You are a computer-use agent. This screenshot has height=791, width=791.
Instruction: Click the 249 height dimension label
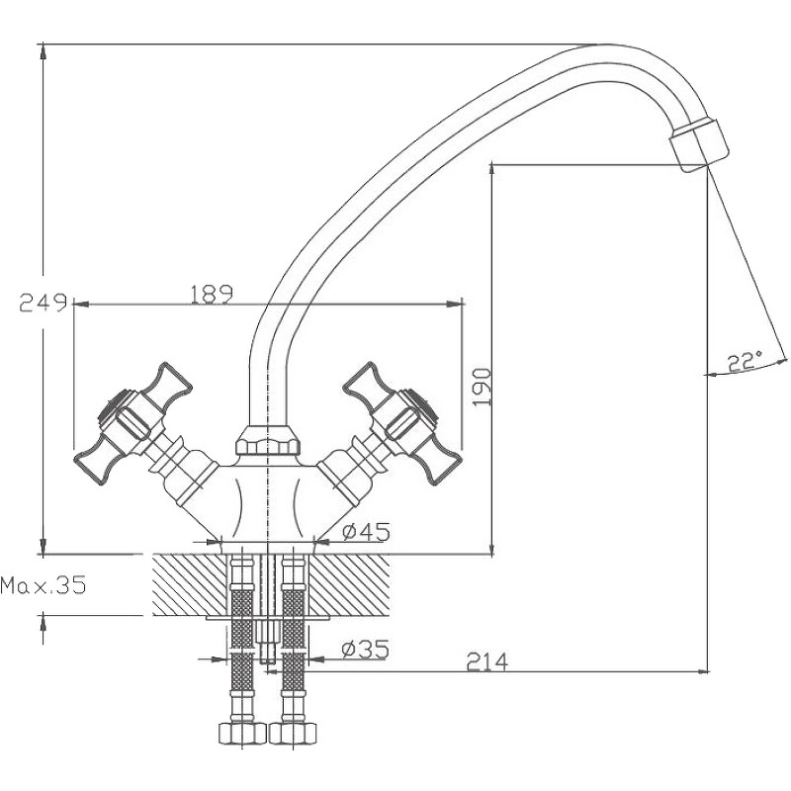pos(43,303)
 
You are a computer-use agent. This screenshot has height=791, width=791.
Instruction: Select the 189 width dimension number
pos(209,293)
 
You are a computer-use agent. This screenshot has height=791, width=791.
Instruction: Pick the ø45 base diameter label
pos(364,531)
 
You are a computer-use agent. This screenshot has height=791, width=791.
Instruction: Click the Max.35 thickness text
pos(44,585)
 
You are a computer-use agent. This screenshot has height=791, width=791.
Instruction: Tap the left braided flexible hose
pos(241,633)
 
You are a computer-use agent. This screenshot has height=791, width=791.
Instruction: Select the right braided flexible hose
pos(294,633)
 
